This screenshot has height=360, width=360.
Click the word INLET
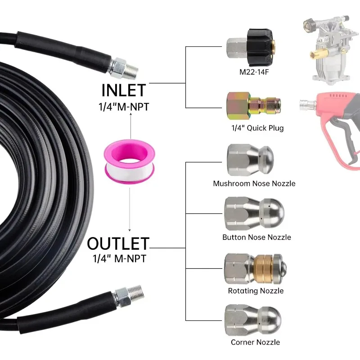123,90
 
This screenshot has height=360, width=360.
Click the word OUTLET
118,243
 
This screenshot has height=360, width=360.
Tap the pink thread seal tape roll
130,162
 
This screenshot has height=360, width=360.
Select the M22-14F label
254,72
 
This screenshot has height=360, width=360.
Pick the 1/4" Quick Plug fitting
253,106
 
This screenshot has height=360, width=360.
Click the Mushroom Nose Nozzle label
254,184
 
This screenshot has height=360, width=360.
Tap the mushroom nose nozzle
250,160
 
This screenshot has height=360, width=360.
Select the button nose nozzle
254,213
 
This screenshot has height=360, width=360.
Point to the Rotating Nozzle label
256,291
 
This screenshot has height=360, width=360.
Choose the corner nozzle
253,320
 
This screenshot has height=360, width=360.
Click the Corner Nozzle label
255,342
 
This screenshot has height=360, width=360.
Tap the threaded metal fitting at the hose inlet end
123,68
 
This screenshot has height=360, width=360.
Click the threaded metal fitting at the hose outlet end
128,296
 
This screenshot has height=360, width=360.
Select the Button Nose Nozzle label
256,237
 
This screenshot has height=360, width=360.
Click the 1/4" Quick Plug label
257,128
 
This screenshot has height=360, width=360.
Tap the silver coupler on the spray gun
308,106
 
